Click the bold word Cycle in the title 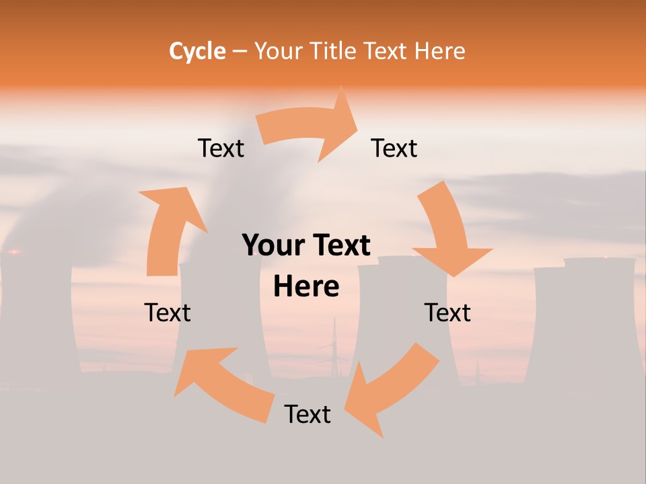(x=197, y=50)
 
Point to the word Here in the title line (x=440, y=50)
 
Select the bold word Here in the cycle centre (x=306, y=287)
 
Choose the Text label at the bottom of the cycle (x=308, y=414)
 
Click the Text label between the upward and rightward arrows (x=221, y=148)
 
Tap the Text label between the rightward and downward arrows (x=394, y=148)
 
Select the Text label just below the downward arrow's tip (x=447, y=313)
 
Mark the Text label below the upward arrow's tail (x=168, y=313)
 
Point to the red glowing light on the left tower (x=14, y=252)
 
